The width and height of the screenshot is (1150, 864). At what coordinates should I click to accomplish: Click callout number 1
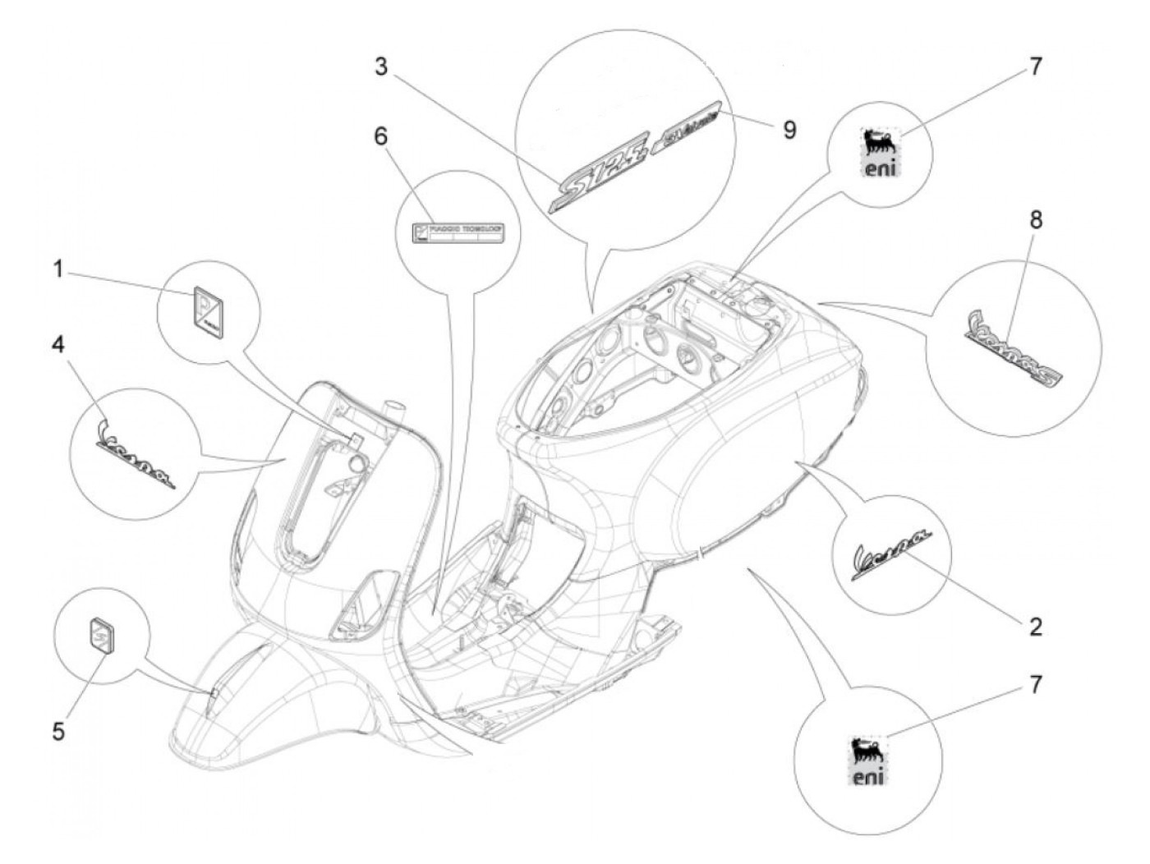tap(57, 269)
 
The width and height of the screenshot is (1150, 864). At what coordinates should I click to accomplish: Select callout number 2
tap(1035, 627)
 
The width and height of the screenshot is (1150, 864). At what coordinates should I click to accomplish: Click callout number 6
tap(380, 136)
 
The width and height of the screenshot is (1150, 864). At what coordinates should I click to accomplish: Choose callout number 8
tap(1036, 220)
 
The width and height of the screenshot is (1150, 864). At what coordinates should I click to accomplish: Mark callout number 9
tap(789, 130)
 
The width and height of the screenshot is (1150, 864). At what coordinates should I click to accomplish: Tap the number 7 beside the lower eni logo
tap(1035, 684)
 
